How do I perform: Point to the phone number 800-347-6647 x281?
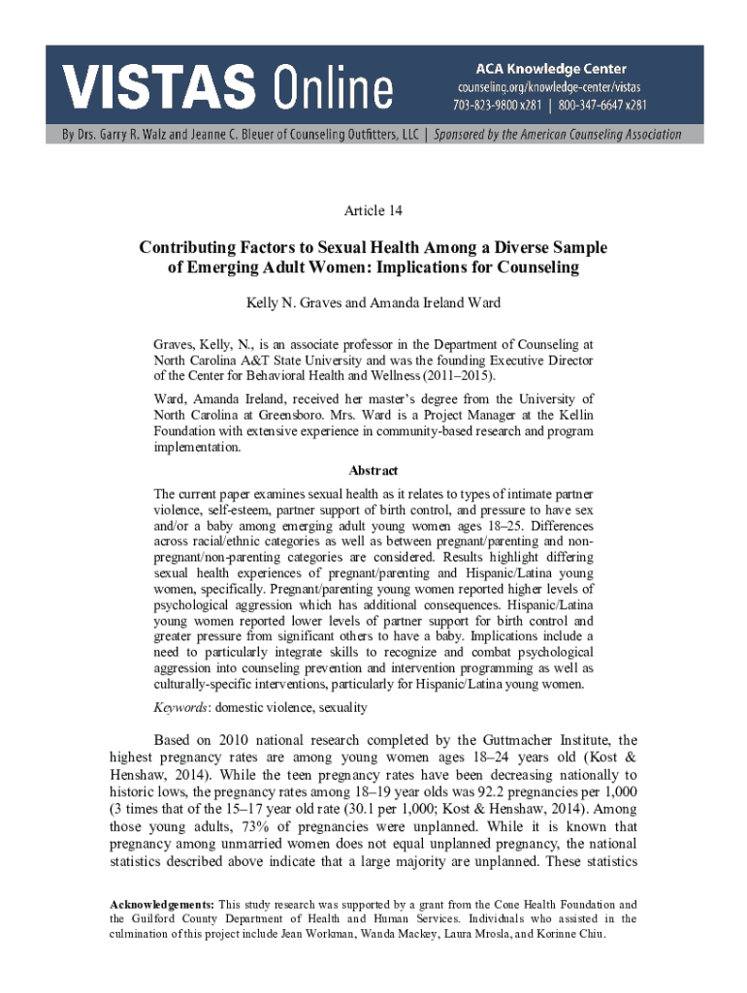tap(605, 105)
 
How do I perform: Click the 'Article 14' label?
tap(373, 210)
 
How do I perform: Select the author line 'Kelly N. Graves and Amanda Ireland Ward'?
tap(373, 303)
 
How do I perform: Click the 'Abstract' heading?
tap(373, 470)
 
